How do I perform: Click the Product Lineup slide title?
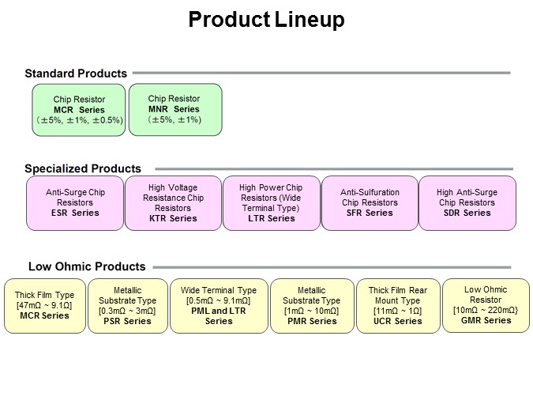(x=266, y=20)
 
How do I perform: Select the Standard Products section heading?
(x=76, y=74)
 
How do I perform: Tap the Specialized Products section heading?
(x=83, y=168)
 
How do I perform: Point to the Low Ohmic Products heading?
(x=87, y=266)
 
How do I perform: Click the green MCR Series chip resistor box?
(x=79, y=110)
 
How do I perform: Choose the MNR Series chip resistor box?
(x=175, y=109)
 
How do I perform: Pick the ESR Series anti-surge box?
(x=75, y=202)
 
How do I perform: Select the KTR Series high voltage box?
(x=173, y=202)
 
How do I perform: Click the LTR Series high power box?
(x=271, y=202)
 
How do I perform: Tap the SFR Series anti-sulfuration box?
(x=370, y=202)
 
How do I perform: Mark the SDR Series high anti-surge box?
(x=467, y=202)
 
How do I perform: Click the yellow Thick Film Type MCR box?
(x=44, y=305)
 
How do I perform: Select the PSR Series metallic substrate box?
(x=127, y=305)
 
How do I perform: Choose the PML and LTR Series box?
(x=219, y=305)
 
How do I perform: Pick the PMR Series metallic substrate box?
(x=311, y=305)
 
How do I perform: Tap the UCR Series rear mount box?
(x=397, y=305)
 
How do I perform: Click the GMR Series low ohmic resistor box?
(x=486, y=304)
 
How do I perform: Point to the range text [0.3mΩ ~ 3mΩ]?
(x=127, y=311)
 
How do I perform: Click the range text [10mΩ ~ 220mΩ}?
(x=486, y=310)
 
